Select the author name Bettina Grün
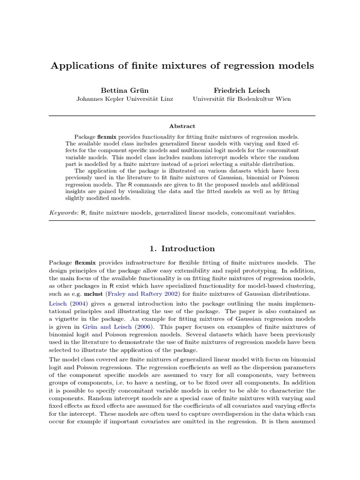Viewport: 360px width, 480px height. [x=124, y=90]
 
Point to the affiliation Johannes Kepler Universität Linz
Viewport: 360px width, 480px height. [x=124, y=99]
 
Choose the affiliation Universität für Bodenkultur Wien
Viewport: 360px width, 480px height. [x=241, y=99]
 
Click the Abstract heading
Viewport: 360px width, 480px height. [x=182, y=126]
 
